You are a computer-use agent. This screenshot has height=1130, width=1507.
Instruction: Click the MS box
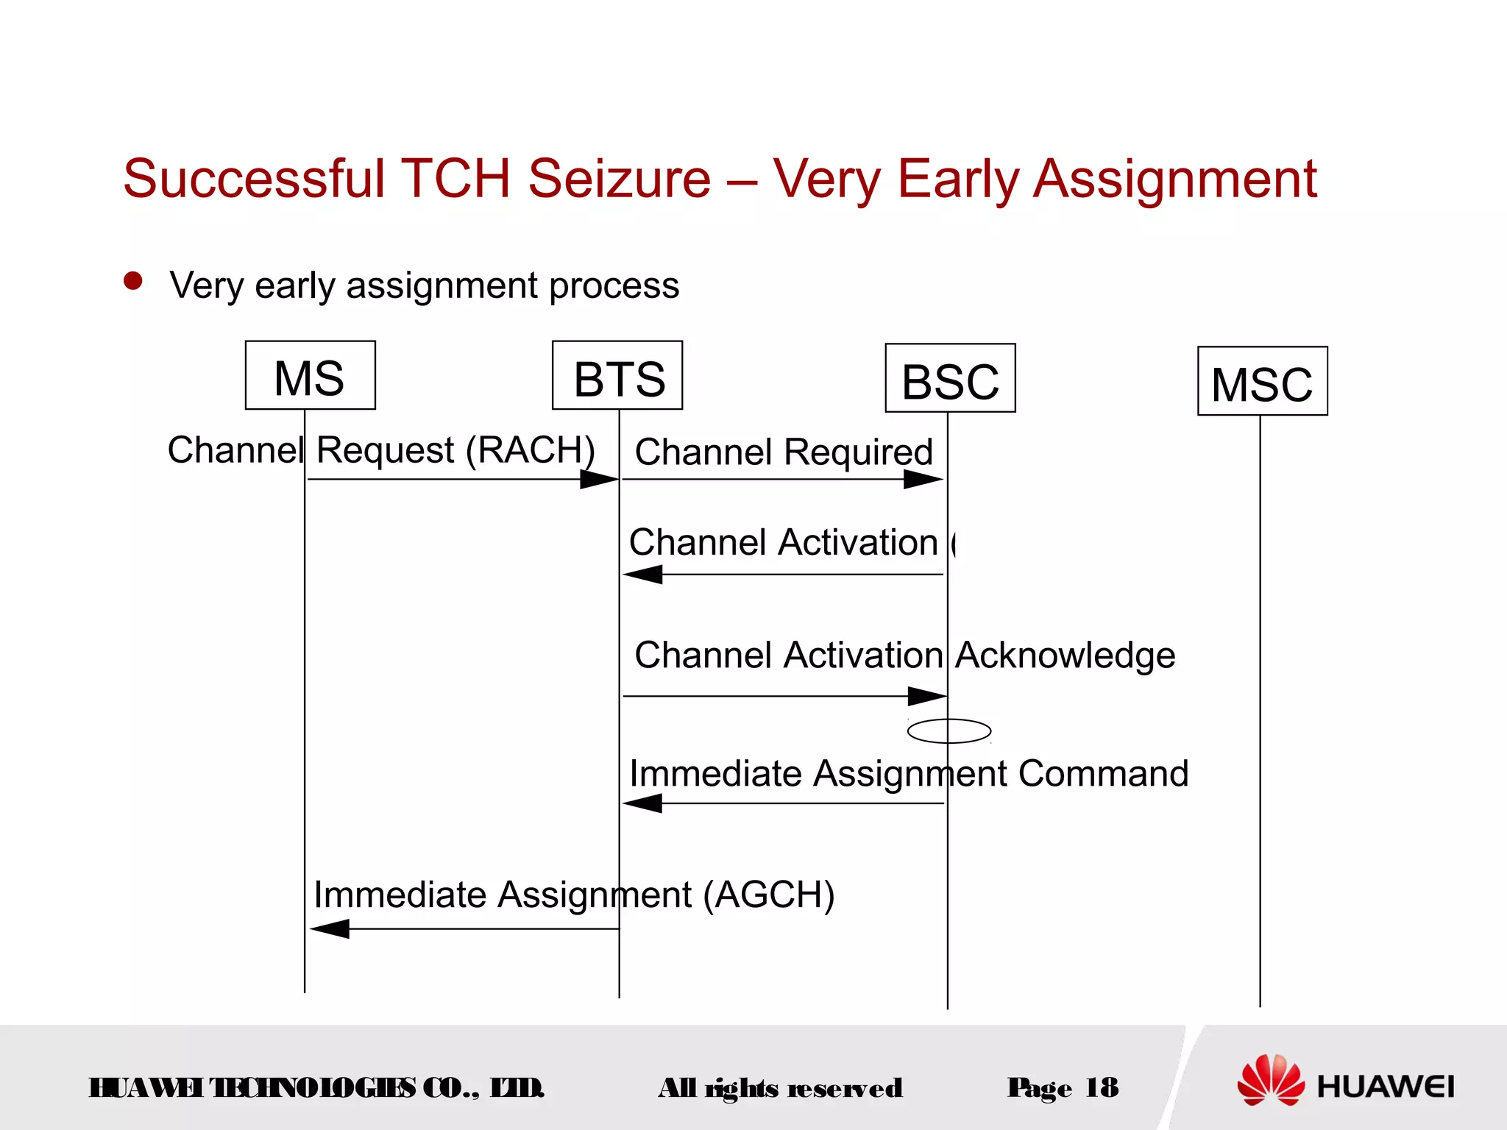point(310,375)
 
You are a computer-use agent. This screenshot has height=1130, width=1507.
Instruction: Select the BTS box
point(617,376)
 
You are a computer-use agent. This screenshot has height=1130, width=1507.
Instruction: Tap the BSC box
point(950,378)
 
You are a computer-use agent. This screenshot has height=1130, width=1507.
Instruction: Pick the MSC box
point(1262,381)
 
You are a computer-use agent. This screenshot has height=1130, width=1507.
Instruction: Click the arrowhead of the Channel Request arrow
point(600,480)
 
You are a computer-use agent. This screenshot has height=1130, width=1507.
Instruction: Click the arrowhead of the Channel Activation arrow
point(643,575)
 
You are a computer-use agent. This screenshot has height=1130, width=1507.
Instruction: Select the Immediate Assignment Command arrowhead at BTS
point(643,803)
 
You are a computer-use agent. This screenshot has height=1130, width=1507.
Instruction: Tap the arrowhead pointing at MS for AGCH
point(330,928)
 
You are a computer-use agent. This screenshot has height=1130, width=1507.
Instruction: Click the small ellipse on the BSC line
point(949,731)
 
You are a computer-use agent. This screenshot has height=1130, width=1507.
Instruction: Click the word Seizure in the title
point(619,179)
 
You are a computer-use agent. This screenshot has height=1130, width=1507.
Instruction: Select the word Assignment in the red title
point(1174,179)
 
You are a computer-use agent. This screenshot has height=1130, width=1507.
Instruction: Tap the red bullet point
point(133,281)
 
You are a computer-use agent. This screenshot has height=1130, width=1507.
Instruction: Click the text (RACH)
point(531,449)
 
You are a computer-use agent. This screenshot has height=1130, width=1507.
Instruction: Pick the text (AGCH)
point(768,895)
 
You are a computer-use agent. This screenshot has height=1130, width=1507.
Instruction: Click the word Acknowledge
point(1065,655)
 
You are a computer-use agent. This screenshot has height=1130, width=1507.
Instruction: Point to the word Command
point(1103,773)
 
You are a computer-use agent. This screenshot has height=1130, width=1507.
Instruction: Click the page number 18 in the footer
point(1102,1087)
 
